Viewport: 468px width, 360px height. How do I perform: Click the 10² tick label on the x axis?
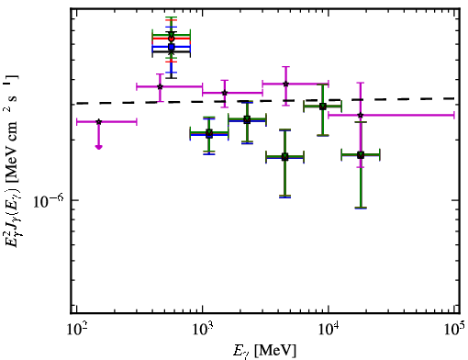pos(76,329)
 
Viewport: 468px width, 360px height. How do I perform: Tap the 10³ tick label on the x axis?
pos(203,329)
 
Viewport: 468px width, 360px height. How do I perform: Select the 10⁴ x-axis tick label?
pos(329,329)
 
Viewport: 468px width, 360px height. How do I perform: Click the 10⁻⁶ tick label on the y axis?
pos(49,201)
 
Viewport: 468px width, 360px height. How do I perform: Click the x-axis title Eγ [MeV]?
pos(264,351)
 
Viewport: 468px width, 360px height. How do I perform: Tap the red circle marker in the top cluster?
pos(172,39)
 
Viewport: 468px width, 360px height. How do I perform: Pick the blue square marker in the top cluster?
pos(172,47)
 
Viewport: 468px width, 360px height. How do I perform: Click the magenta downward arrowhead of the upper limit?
pos(98,147)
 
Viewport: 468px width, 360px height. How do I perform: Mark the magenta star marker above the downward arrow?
pos(98,122)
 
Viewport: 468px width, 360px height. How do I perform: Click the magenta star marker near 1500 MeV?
pos(225,93)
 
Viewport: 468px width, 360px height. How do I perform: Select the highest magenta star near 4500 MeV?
pos(285,84)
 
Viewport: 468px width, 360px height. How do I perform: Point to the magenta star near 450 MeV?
pos(160,86)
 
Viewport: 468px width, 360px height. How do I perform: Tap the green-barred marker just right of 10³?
pos(209,133)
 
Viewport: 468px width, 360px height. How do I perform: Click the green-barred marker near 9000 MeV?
pos(322,107)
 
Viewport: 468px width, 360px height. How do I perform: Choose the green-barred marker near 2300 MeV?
pos(247,119)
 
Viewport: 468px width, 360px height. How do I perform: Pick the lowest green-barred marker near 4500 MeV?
pos(285,157)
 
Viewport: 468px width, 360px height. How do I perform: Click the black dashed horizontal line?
pos(265,101)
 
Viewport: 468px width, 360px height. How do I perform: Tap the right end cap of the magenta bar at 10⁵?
pos(454,115)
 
